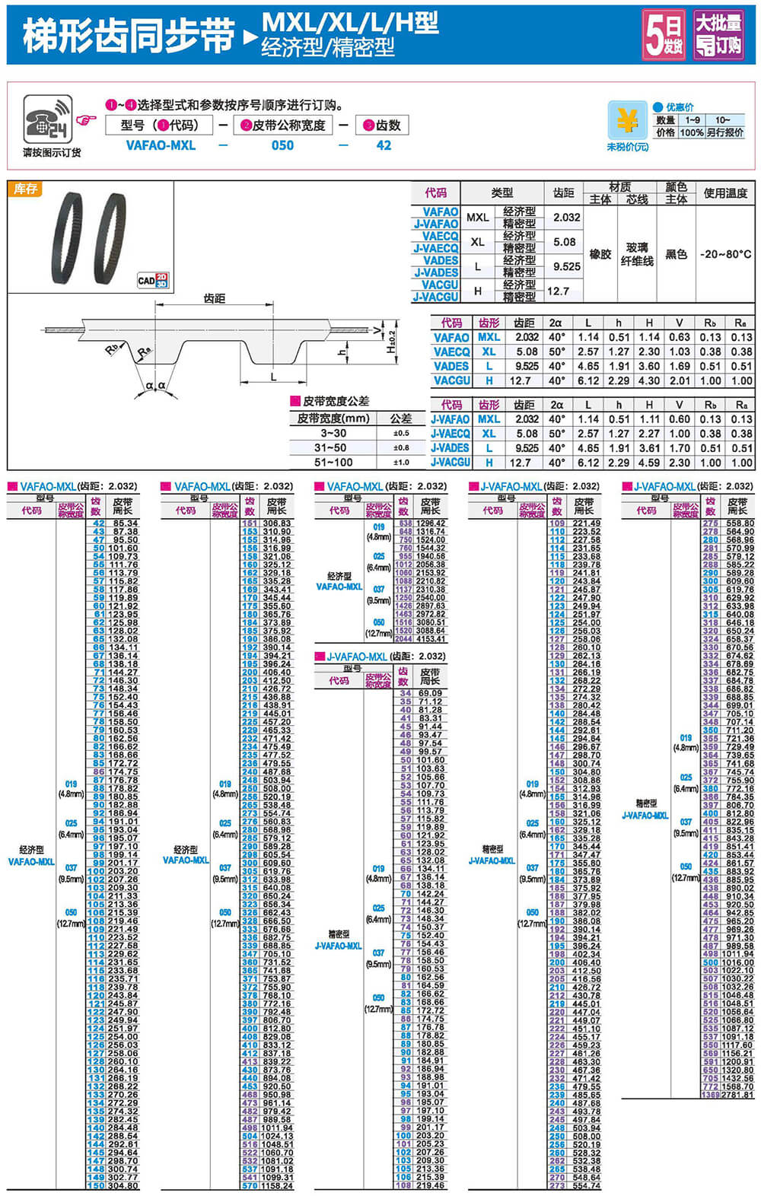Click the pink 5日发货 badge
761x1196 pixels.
pos(664,35)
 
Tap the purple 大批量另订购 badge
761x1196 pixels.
pos(719,35)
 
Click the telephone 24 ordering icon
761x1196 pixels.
pos(46,119)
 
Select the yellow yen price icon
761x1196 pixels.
pos(627,121)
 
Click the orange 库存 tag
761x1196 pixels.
pos(25,189)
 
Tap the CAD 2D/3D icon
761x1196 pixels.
pos(152,280)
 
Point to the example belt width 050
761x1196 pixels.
pos(282,145)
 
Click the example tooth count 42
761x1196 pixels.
pos(384,145)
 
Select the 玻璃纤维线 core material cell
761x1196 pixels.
pos(637,254)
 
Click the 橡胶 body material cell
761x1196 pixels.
pos(600,254)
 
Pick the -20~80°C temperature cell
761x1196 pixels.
pos(725,254)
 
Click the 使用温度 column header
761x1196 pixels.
pos(725,193)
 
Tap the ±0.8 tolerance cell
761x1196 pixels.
pos(401,447)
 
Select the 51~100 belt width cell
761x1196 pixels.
pos(333,462)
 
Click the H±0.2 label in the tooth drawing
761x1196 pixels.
pos(391,340)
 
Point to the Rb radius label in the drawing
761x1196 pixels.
pos(112,349)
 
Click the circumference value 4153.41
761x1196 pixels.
pos(431,639)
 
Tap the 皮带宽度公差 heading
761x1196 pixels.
pos(336,401)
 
